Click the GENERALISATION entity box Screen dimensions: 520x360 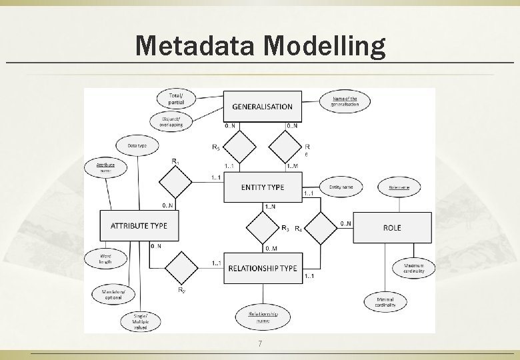pos(262,107)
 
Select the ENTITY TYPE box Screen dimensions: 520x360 pos(262,187)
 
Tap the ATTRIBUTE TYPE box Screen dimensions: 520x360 pos(139,226)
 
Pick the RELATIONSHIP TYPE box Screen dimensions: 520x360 pos(263,268)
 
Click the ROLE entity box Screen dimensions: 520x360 pos(392,227)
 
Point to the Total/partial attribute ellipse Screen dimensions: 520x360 pos(177,100)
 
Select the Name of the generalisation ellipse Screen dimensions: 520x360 pos(345,102)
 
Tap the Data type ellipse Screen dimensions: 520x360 pos(137,145)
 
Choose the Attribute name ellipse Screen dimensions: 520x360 pos(105,167)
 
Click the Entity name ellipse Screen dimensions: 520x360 pos(341,187)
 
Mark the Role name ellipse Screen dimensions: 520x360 pos(399,187)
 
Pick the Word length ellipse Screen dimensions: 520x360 pos(105,258)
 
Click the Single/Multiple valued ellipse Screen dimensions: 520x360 pos(140,321)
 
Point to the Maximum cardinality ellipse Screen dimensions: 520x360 pos(418,268)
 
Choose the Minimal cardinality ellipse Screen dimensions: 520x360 pos(385,303)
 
